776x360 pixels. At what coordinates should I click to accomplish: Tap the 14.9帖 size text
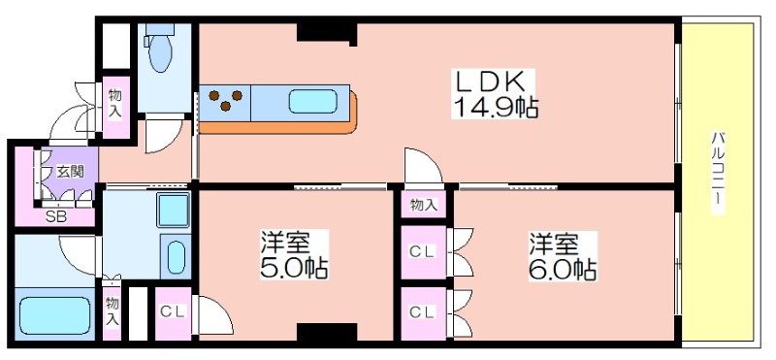pos(496,107)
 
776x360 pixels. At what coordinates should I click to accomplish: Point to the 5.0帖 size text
pos(294,268)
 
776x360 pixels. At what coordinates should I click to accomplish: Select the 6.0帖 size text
pos(563,270)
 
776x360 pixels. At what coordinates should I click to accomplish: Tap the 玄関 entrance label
pos(70,172)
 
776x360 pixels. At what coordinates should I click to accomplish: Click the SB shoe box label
pos(56,217)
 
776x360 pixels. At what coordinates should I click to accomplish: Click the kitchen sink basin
pos(312,101)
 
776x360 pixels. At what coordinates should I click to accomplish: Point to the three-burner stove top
pos(225,99)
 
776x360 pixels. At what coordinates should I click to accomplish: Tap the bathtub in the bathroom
pos(55,315)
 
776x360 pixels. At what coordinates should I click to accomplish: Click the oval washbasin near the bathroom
pos(177,256)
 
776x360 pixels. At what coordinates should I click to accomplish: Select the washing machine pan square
pos(174,210)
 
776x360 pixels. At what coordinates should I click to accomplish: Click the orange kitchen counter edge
pos(278,126)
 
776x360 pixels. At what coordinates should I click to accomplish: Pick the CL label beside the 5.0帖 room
pos(173,311)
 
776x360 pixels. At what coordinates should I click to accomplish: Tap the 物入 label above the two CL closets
pos(424,205)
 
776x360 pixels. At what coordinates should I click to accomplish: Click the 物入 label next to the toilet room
pos(115,104)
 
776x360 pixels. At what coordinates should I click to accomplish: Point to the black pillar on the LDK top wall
pos(327,32)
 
